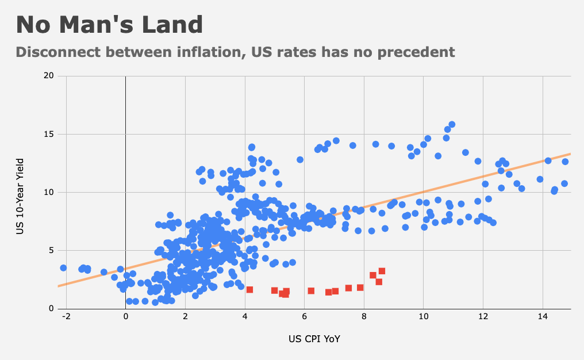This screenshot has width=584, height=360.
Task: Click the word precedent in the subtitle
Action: click(417, 52)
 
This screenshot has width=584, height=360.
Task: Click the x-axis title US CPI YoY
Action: click(314, 339)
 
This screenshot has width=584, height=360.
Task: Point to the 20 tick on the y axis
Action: click(49, 76)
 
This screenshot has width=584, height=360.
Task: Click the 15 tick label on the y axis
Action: click(49, 134)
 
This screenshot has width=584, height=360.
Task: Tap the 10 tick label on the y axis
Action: click(49, 192)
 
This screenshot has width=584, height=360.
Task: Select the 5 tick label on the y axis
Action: click(52, 251)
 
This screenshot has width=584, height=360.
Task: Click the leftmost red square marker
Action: click(249, 289)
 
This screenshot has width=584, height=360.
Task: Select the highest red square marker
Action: click(382, 271)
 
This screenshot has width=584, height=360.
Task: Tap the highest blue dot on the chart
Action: click(452, 124)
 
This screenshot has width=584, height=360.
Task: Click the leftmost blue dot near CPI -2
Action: click(63, 268)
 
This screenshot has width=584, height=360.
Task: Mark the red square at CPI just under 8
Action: click(360, 288)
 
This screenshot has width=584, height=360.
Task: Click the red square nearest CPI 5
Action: click(274, 290)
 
